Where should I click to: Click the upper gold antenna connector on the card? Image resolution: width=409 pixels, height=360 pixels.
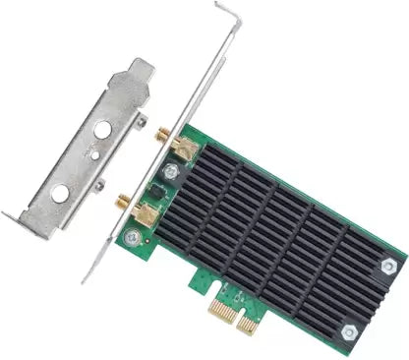pyautogui.click(x=181, y=148)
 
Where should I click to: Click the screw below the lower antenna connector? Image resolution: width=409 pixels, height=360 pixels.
pyautogui.click(x=134, y=236)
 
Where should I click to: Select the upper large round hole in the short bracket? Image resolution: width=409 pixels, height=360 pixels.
pyautogui.click(x=101, y=128)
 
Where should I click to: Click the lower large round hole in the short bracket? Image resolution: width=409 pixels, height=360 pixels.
pyautogui.click(x=61, y=193)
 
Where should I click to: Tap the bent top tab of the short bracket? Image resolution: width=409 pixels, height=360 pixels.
pyautogui.click(x=137, y=72)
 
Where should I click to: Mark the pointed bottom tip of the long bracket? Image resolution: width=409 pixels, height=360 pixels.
pyautogui.click(x=87, y=279)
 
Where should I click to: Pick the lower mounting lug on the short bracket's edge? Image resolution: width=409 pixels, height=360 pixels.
pyautogui.click(x=99, y=185)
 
